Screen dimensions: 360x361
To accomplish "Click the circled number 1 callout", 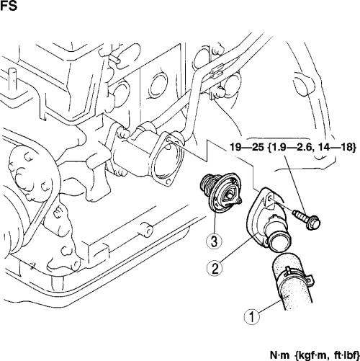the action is pos(252,317).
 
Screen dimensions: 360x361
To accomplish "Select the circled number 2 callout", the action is pos(215,269).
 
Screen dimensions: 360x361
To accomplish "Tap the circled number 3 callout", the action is pos(214,241).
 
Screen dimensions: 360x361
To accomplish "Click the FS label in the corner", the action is pos(9,6).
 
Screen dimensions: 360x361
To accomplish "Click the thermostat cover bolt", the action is pos(307,218).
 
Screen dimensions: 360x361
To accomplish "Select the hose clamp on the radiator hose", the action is pos(297,275).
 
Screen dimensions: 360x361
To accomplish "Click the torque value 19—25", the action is pos(247,147).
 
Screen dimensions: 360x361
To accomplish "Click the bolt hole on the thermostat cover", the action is pos(270,198).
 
